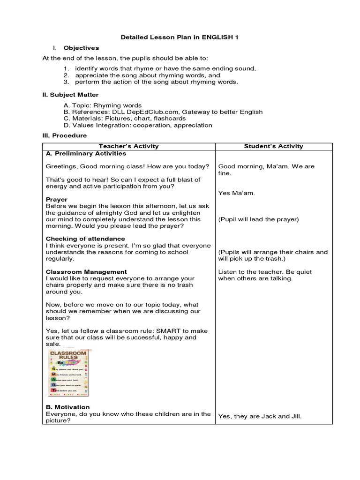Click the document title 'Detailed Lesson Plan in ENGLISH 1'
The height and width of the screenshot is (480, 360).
tap(180, 37)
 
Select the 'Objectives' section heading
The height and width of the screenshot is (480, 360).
tap(81, 48)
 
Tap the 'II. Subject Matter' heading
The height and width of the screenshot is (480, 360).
tap(70, 95)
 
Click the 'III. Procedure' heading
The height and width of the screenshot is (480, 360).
tap(64, 135)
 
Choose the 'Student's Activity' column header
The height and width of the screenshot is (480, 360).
tap(273, 146)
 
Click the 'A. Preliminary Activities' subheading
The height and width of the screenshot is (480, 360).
tap(86, 153)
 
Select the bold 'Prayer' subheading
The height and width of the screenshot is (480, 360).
tap(57, 199)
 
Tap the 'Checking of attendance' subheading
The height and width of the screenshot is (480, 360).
tap(85, 239)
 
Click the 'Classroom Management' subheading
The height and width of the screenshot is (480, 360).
tap(86, 272)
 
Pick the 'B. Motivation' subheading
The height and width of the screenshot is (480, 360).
tap(67, 407)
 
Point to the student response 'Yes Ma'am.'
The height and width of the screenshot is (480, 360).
tap(237, 193)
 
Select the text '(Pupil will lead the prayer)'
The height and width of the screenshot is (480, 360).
tap(258, 219)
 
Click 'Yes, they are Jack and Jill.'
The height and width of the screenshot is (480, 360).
tap(260, 416)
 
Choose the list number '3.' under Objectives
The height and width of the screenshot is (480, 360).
tap(67, 82)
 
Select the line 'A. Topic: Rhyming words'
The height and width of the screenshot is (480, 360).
tap(103, 105)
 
